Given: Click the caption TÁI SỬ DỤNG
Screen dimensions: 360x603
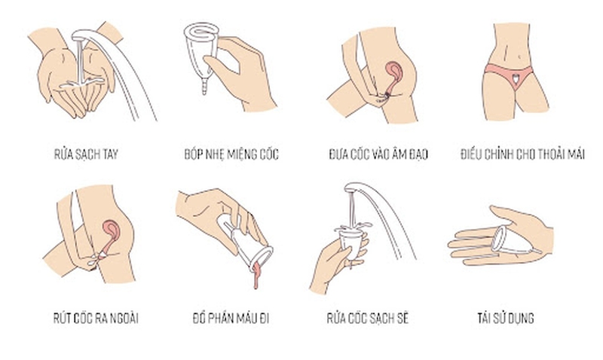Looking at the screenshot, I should (510, 318).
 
